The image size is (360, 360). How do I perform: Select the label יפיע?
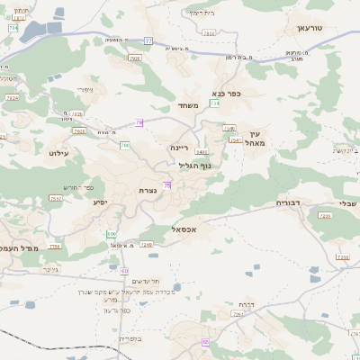(x=100, y=202)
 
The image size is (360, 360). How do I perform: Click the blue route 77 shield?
(x=148, y=41)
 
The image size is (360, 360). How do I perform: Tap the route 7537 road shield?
(x=56, y=198)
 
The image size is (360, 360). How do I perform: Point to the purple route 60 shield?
(x=124, y=270)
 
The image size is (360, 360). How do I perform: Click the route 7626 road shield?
(x=135, y=58)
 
